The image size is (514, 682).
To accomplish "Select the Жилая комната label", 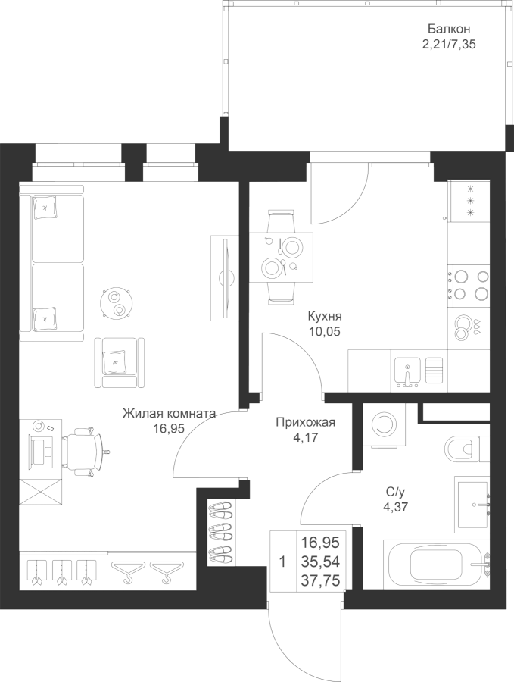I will pos(170,414).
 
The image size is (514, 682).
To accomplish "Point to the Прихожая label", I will pos(305,423).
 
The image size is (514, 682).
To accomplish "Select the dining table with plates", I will pos(281,256).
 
